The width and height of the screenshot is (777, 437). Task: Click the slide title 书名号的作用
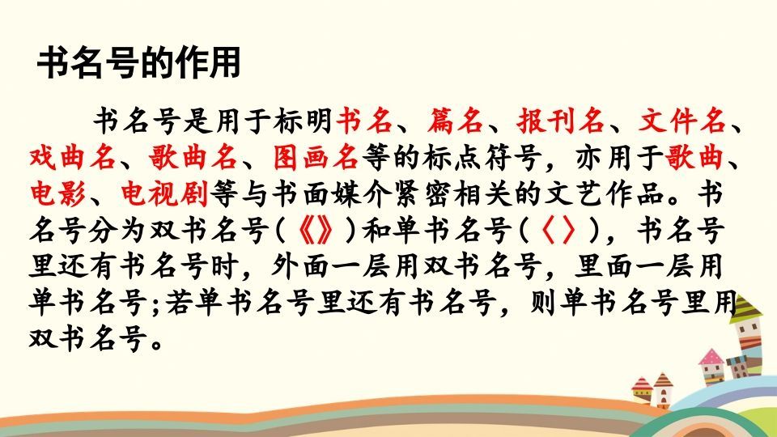tap(139, 64)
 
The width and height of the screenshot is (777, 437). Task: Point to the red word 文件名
tap(681, 121)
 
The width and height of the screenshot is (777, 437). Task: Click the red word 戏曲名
tap(71, 157)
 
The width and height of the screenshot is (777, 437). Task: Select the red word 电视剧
tap(165, 193)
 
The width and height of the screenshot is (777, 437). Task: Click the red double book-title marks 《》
tap(315, 231)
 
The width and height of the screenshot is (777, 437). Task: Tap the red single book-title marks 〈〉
tap(558, 231)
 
